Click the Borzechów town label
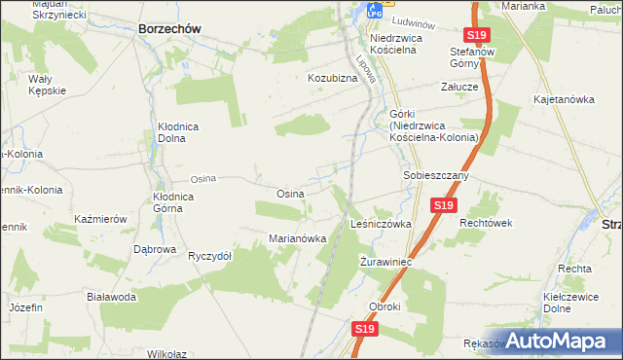tap(169, 29)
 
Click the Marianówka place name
tap(297, 239)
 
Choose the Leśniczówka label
tap(381, 224)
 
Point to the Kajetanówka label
tap(564, 99)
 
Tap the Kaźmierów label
tap(101, 220)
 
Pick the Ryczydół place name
tap(209, 256)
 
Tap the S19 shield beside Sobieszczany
tap(444, 205)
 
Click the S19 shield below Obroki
tap(364, 330)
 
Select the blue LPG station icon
tap(374, 11)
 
